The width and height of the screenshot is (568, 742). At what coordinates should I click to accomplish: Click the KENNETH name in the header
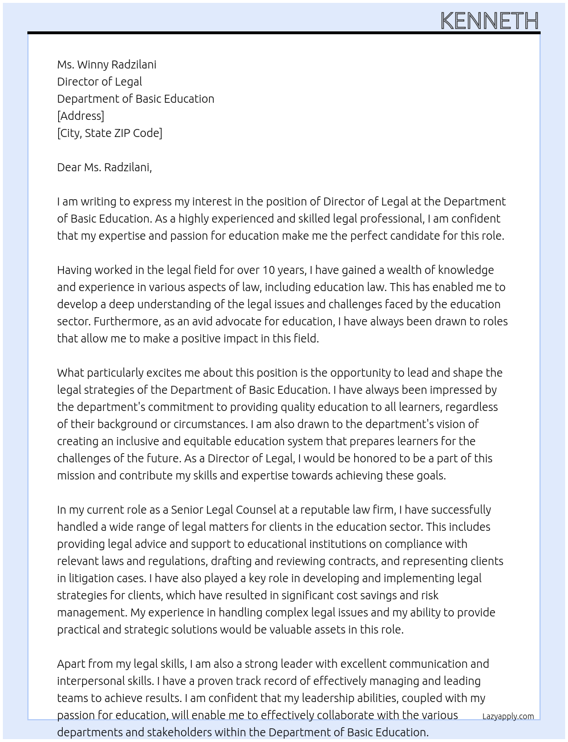[x=489, y=21]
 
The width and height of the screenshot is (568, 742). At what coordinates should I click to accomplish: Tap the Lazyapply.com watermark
[x=508, y=716]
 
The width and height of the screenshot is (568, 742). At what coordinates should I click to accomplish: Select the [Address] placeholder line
[x=80, y=116]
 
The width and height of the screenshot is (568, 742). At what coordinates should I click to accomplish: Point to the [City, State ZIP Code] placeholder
[x=109, y=133]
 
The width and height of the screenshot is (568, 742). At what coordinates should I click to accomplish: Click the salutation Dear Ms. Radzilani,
[x=104, y=167]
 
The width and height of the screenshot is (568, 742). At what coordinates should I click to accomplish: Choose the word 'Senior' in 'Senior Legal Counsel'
[x=187, y=510]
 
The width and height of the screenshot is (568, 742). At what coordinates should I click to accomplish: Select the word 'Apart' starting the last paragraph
[x=72, y=664]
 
